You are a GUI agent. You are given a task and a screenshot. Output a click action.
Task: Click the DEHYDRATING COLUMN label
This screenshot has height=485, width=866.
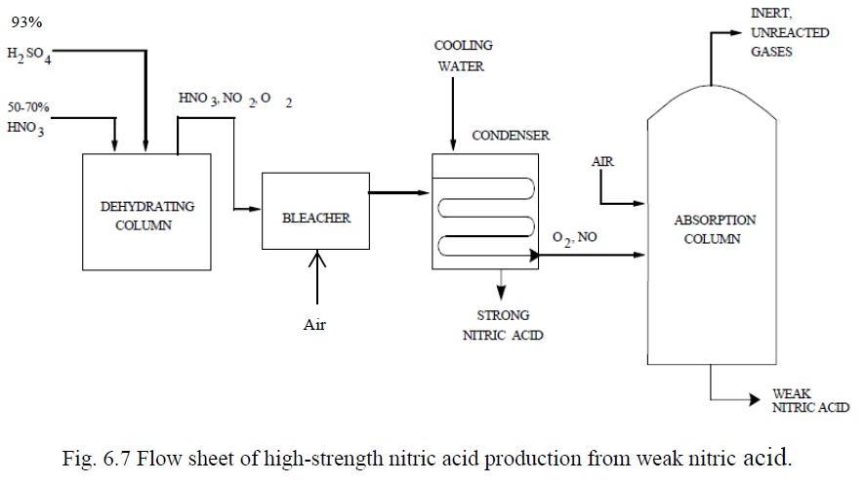[x=147, y=216]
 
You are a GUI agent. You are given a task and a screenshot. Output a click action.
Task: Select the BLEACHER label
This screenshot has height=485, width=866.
[x=315, y=218]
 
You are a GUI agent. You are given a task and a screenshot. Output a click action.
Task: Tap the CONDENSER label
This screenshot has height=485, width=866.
[x=510, y=136]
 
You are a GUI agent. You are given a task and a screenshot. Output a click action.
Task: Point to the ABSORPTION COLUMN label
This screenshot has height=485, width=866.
[x=714, y=229]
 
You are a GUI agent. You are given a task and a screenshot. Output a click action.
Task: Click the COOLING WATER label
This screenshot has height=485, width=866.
[x=463, y=56]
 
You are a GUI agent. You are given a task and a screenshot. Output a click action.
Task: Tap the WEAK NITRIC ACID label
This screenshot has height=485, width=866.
[x=809, y=400]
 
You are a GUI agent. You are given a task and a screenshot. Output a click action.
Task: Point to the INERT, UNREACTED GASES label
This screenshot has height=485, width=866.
[x=790, y=32]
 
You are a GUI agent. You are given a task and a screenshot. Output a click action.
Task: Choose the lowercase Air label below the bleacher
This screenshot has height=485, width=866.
[x=313, y=325]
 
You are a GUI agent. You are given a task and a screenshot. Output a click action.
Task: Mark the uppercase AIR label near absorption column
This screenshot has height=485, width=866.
[x=602, y=161]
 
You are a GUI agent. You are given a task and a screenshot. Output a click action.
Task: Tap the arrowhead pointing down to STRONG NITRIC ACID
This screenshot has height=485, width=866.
[x=502, y=295]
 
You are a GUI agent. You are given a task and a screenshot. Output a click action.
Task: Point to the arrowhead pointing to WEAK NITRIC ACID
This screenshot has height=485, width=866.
[x=755, y=400]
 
